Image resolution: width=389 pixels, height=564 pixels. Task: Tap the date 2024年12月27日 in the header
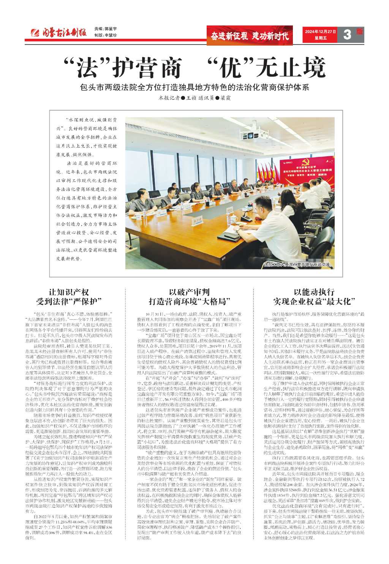(x=320, y=32)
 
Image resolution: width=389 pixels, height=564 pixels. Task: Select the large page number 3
(x=346, y=35)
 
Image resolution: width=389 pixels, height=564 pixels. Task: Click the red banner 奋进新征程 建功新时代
(x=250, y=36)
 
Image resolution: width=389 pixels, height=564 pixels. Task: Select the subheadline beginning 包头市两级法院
(x=194, y=87)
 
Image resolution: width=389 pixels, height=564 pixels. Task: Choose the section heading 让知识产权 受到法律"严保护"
(x=69, y=297)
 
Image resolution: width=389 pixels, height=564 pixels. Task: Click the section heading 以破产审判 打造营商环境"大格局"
(x=189, y=297)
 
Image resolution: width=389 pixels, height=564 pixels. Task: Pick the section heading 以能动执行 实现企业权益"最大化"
(x=314, y=297)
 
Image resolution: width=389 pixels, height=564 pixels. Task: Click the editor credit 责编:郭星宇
(x=105, y=29)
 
